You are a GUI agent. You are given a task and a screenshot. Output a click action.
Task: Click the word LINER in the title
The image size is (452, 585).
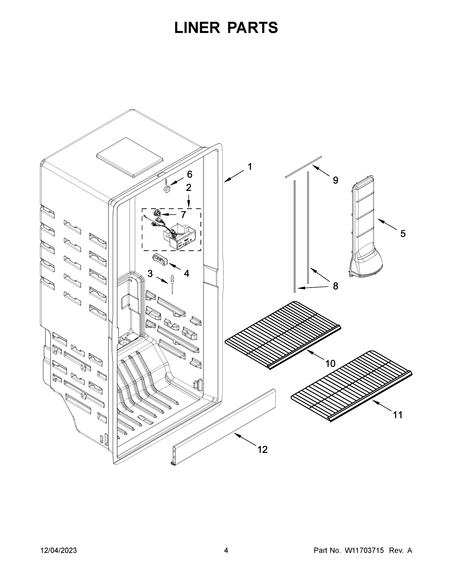tap(197, 28)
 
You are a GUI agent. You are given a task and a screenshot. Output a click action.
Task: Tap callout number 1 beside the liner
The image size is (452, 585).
tap(250, 167)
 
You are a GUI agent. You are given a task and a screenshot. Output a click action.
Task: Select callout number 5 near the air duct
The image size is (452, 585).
tap(403, 234)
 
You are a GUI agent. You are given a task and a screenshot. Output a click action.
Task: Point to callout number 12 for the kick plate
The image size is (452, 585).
tap(262, 450)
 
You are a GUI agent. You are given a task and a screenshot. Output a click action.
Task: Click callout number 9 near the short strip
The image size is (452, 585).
tap(335, 180)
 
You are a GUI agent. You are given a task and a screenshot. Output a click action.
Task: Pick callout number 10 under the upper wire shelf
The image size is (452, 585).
tap(330, 363)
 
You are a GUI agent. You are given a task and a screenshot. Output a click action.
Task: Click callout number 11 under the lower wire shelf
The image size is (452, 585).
tap(398, 415)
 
